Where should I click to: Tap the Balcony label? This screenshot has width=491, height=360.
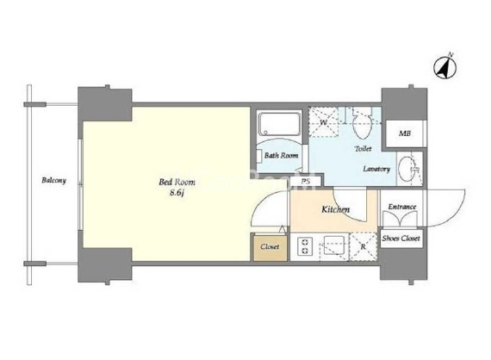[x=54, y=180]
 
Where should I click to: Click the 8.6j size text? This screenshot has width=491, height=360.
[x=177, y=193]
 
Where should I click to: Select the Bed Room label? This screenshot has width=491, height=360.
[x=177, y=182]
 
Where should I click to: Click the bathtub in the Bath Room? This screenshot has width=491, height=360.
[x=279, y=124]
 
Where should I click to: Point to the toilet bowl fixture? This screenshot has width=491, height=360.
[x=362, y=124]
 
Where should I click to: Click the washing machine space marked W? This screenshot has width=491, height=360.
[x=324, y=121]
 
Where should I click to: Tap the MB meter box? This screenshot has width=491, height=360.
[x=404, y=133]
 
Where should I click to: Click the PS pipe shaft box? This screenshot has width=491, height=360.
[x=306, y=181]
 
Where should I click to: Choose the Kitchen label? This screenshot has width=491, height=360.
[x=335, y=209]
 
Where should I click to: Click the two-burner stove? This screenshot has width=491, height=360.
[x=305, y=246]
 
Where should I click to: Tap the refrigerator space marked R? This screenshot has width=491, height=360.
[x=363, y=246]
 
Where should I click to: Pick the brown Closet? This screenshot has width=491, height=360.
[x=270, y=247]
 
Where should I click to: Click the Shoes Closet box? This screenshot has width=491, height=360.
[x=401, y=239]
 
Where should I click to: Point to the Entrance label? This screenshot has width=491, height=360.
[x=402, y=207]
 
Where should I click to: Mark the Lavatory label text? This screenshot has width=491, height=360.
[x=376, y=169]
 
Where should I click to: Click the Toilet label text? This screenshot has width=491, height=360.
[x=363, y=149]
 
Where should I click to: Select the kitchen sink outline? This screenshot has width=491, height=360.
[x=334, y=245]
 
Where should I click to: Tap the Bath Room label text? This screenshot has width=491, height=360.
[x=281, y=155]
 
